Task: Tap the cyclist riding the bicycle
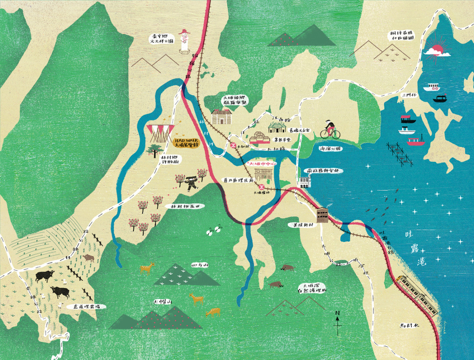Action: pyautogui.click(x=330, y=129)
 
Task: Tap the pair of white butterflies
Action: pyautogui.click(x=214, y=230)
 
